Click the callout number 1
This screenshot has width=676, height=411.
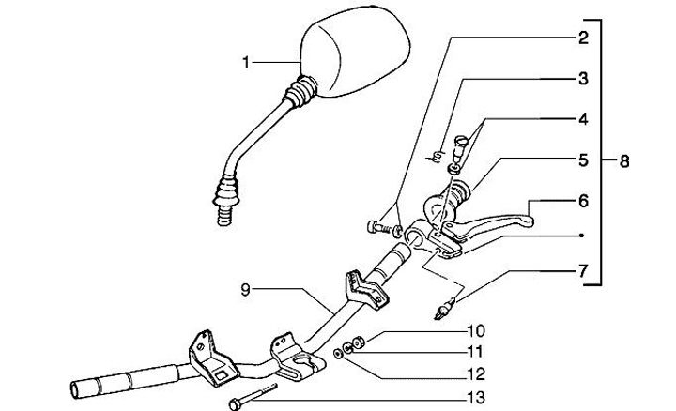coord(245,63)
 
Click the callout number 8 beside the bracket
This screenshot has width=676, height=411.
coord(622,160)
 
